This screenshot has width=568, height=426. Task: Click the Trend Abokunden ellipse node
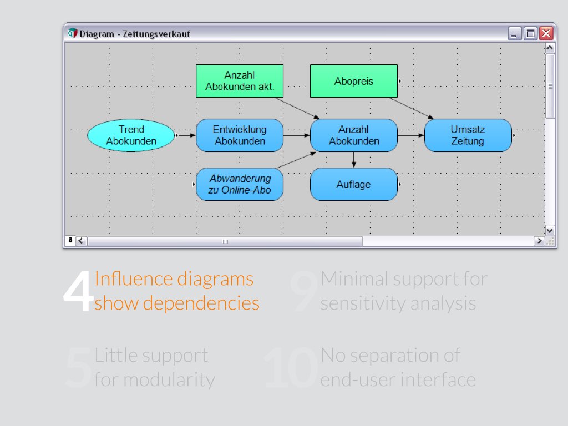coord(131,135)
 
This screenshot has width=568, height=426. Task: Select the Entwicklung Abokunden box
coord(240,135)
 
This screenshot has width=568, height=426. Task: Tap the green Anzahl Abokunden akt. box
coord(240,81)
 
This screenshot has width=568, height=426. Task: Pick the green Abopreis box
coord(353,81)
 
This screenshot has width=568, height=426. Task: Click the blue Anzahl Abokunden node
coord(354,135)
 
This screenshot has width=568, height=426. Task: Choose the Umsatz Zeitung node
coord(468,135)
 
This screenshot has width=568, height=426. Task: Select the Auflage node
coord(353,184)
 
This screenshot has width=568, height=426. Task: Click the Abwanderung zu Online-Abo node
coord(240,184)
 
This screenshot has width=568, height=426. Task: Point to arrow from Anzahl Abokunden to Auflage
coord(354,160)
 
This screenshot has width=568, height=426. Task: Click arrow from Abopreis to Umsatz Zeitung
coord(411,108)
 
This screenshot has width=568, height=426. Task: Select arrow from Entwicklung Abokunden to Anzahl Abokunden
coord(297,135)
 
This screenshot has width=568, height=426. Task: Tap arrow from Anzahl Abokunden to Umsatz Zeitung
coord(411,135)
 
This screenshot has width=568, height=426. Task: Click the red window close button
coord(546,33)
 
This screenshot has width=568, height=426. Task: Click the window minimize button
coord(515,33)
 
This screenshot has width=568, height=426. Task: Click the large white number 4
coord(78,292)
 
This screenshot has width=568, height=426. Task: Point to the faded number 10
coord(291,368)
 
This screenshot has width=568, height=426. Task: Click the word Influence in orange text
coord(133,278)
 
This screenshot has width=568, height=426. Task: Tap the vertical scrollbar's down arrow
coord(550,230)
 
